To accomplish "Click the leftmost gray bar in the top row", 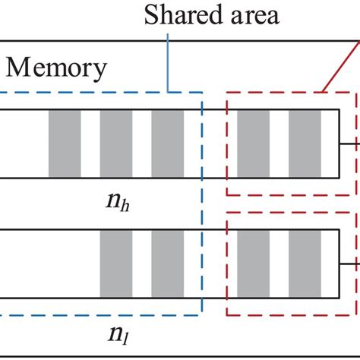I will [65, 144].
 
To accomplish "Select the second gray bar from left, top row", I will [116, 144].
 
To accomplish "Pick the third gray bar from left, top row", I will [167, 144].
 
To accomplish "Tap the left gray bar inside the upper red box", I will [253, 144].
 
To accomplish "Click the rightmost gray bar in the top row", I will [305, 144].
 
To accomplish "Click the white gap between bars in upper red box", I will [279, 144].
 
